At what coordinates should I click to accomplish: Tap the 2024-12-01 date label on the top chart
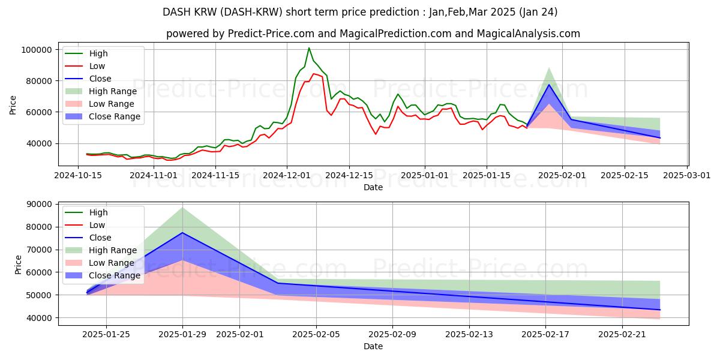click(287, 175)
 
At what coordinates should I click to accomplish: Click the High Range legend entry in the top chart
click(113, 91)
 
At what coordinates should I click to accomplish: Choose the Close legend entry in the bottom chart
click(100, 238)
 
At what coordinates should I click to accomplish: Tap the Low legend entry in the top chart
click(97, 66)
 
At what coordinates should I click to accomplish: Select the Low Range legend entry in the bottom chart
click(112, 263)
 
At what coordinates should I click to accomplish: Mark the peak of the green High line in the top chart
click(309, 48)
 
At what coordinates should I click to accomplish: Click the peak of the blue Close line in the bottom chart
click(182, 233)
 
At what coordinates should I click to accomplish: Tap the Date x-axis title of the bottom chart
click(373, 346)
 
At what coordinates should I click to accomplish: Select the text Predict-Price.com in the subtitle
click(266, 34)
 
